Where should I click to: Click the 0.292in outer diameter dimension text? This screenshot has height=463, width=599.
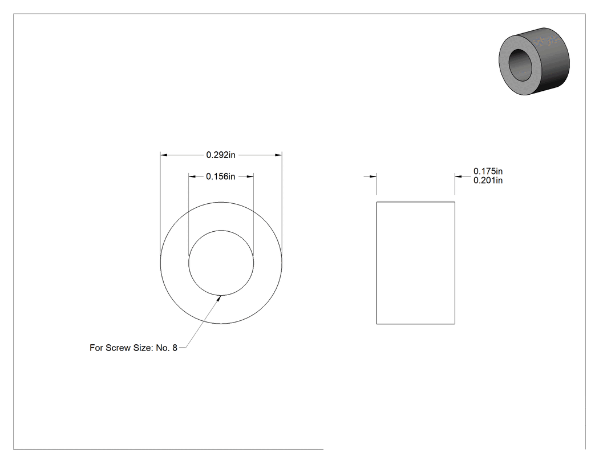click(x=221, y=155)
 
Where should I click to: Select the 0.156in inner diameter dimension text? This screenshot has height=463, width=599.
click(x=220, y=176)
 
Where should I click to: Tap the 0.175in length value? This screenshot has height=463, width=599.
click(x=488, y=171)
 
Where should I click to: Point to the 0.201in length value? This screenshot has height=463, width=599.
click(x=488, y=180)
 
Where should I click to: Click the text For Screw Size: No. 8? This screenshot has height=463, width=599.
click(x=133, y=348)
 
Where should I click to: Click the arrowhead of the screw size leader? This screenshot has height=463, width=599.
click(x=219, y=298)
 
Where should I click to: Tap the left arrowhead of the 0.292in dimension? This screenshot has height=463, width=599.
click(x=164, y=155)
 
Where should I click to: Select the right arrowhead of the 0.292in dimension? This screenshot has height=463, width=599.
click(x=278, y=155)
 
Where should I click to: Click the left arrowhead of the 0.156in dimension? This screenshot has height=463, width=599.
click(x=192, y=176)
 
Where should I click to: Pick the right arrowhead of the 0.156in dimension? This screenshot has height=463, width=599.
click(x=250, y=176)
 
